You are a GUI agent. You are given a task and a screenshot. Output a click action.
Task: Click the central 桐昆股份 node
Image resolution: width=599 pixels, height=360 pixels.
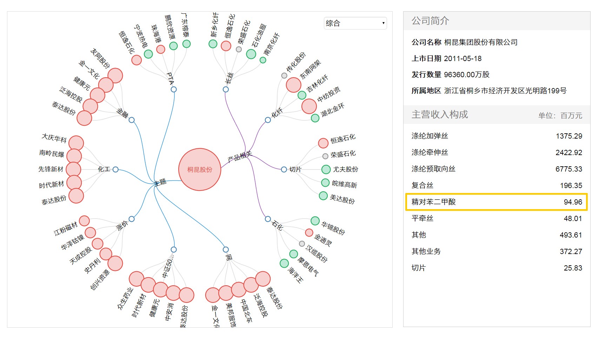[200, 169]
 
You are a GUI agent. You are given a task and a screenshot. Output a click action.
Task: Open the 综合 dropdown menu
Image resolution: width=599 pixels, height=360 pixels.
[355, 23]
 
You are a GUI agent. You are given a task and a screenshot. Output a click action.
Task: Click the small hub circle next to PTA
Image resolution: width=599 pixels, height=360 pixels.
[174, 89]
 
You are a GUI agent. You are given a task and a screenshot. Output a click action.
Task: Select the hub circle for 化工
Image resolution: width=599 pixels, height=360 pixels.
[115, 169]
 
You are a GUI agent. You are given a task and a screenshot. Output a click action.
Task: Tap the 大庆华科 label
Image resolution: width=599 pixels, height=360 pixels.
[54, 138]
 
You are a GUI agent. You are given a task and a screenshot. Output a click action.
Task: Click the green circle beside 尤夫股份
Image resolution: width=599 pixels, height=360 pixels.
[326, 169]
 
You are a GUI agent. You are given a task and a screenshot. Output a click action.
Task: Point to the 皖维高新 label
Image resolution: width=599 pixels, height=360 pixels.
[344, 184]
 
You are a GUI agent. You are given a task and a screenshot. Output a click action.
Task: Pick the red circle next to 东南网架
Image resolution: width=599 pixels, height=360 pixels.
[294, 85]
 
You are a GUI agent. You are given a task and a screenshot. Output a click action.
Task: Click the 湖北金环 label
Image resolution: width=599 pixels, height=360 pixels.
[332, 110]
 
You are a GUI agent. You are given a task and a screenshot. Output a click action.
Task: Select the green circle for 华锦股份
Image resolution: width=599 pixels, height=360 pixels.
[315, 221]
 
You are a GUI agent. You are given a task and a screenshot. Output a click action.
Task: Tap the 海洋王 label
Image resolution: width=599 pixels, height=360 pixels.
[295, 275]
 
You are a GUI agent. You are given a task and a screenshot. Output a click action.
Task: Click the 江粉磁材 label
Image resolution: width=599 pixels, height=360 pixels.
[66, 229]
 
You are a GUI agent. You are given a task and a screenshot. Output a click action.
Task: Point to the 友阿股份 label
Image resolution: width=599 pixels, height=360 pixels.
[100, 58]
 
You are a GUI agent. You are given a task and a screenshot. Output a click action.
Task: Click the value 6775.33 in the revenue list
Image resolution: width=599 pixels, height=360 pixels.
[568, 169]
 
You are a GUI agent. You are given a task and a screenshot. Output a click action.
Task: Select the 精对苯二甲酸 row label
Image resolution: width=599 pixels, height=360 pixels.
[433, 202]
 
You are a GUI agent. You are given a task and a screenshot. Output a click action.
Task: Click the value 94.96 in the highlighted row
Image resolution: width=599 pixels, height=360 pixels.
[573, 202]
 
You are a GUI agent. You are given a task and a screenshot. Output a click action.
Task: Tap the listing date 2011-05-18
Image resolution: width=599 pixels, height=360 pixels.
[462, 59]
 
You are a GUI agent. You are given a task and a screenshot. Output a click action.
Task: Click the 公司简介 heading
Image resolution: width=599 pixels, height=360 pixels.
[430, 21]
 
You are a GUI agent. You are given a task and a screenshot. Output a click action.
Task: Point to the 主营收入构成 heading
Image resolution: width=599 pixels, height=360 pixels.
[440, 115]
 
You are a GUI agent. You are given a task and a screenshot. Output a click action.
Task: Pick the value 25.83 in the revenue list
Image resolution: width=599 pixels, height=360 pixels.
[573, 268]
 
